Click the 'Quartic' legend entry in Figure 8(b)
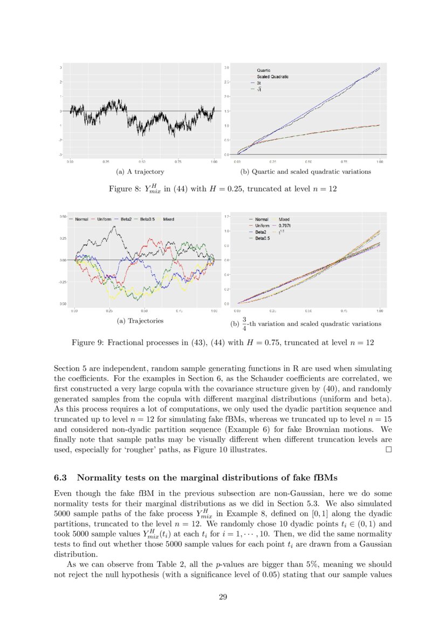point(264,70)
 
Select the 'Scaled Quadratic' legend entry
point(272,77)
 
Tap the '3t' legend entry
point(259,83)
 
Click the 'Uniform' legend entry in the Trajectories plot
point(104,220)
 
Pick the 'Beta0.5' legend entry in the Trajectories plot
point(148,220)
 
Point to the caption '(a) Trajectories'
point(140,321)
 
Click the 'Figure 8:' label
point(125,189)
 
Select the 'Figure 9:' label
point(87,342)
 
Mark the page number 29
point(223,596)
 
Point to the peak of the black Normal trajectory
point(114,227)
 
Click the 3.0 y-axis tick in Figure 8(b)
point(227,67)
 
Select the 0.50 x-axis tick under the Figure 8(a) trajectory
point(142,161)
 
